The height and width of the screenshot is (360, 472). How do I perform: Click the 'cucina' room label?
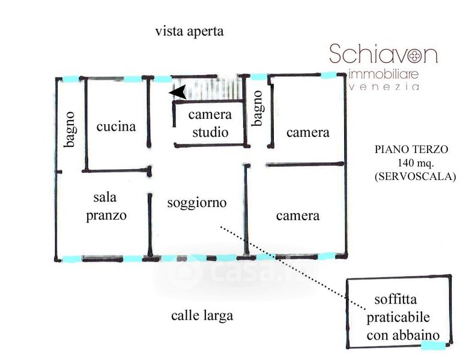point(116,127)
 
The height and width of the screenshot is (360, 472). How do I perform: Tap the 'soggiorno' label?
point(197,203)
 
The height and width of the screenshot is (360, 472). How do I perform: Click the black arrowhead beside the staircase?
point(177,93)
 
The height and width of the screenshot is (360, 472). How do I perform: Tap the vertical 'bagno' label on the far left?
point(70,130)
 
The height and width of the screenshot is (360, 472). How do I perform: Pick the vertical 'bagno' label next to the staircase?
point(258,108)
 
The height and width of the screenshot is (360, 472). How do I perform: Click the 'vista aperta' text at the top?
point(189,31)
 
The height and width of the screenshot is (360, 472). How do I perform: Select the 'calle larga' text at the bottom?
point(202,315)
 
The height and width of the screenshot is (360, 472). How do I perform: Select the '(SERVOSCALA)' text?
point(414,176)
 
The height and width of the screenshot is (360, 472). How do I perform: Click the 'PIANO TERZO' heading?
point(411,149)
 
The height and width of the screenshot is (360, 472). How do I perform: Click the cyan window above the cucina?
point(133,79)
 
